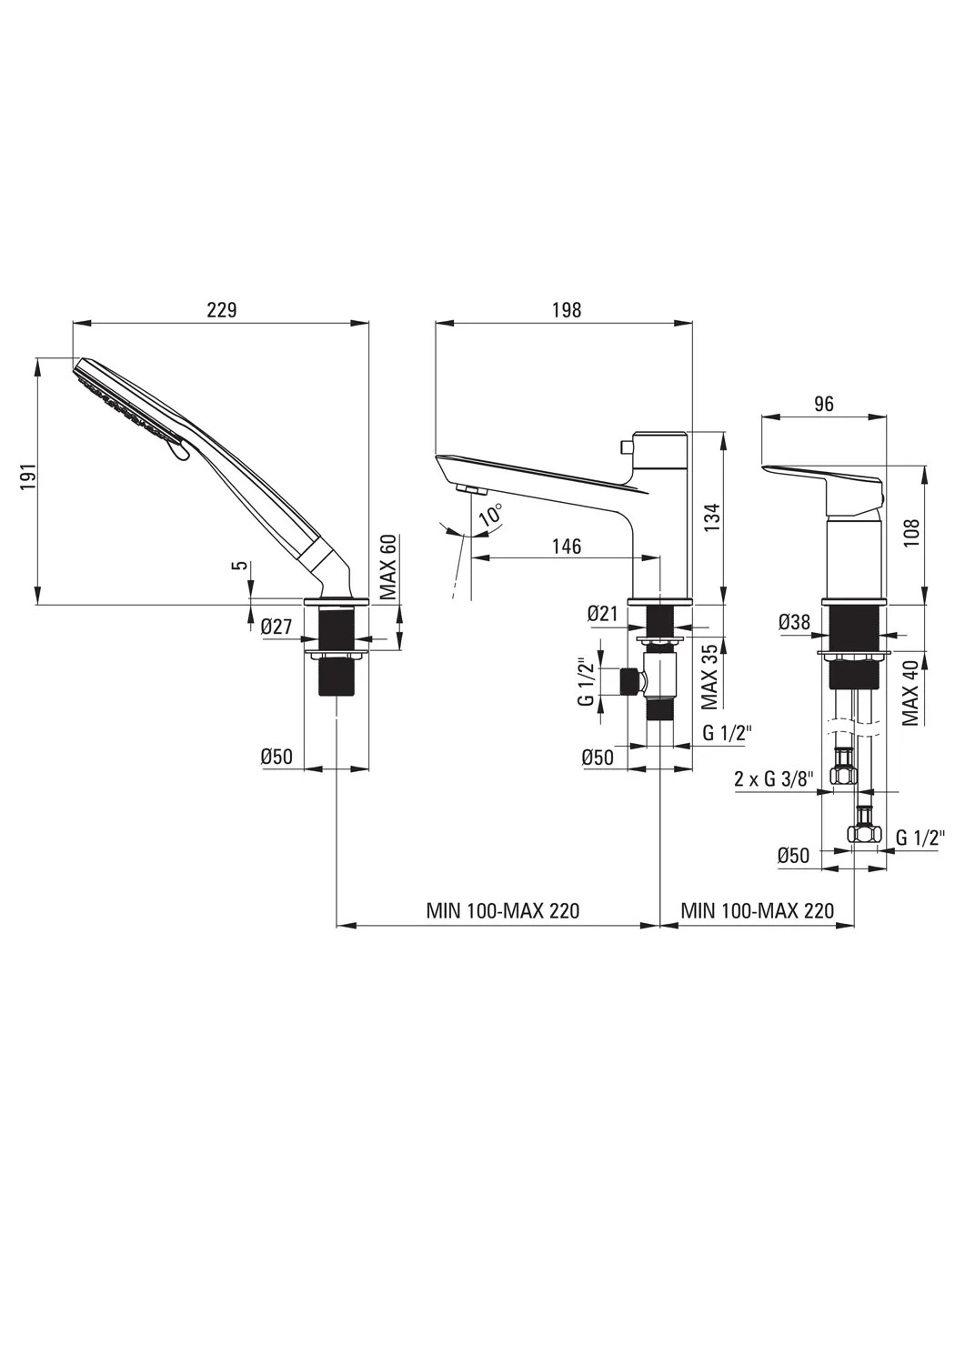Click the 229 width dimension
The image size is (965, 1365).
click(221, 310)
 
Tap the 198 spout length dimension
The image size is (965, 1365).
click(567, 310)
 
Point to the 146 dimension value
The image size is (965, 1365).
click(567, 546)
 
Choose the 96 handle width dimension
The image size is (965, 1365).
click(823, 404)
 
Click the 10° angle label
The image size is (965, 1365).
click(490, 515)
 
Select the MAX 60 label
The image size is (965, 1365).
click(389, 567)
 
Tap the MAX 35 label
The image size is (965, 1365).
click(709, 677)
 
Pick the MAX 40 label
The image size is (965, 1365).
click(910, 692)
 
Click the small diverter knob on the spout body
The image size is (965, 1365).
click(624, 447)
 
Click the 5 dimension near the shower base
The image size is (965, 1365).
click(242, 565)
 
